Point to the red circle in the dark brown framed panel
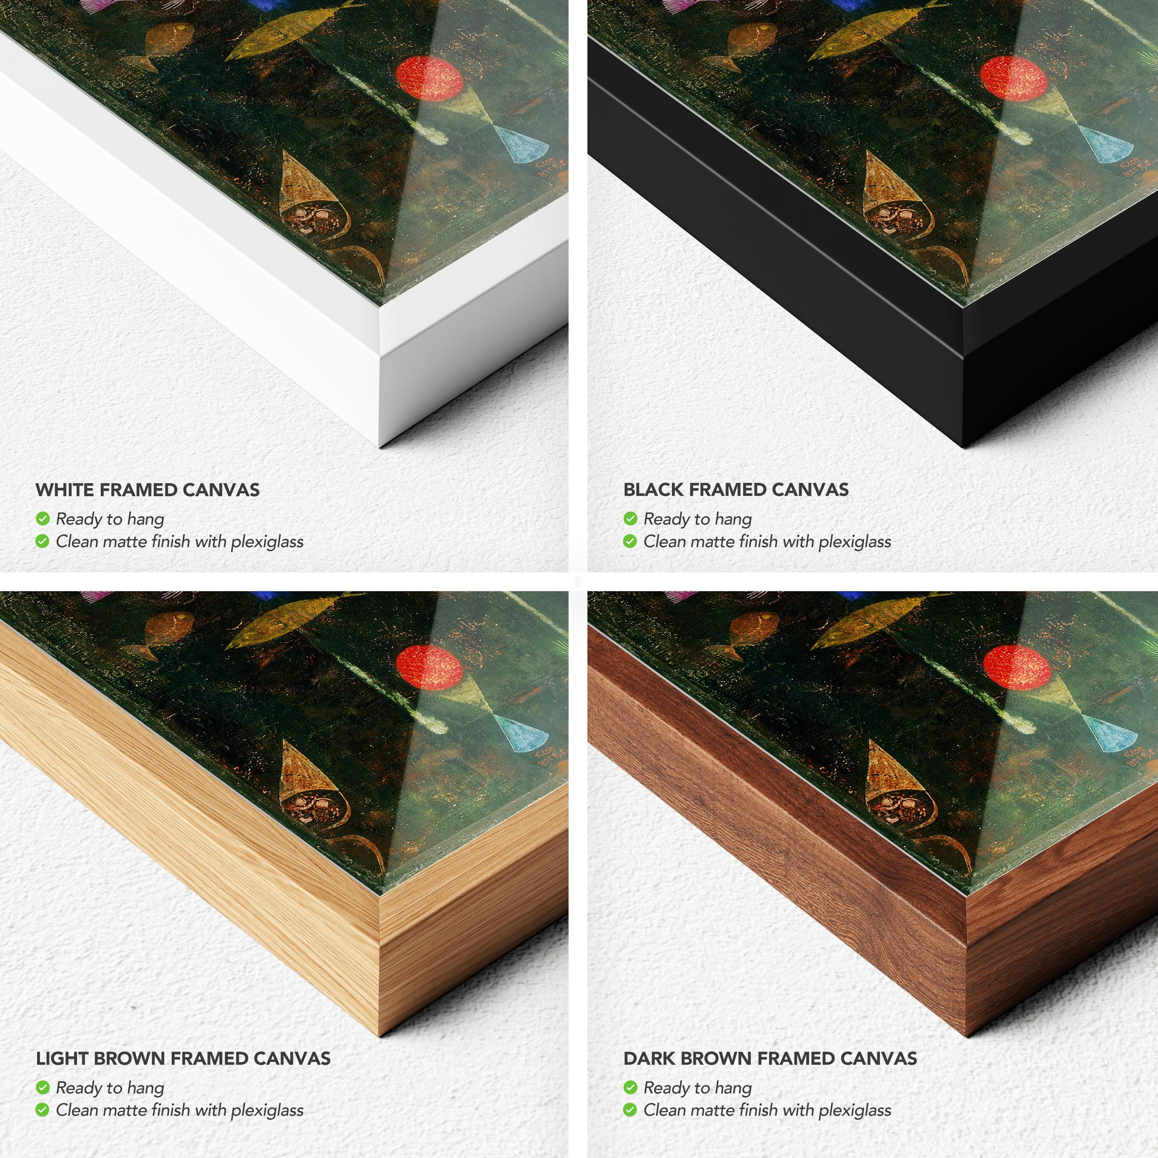click(1017, 667)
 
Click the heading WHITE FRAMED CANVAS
click(147, 490)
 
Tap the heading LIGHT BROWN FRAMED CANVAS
click(183, 1058)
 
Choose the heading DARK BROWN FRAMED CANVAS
click(770, 1058)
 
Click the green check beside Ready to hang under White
click(42, 518)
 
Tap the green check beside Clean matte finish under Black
click(630, 541)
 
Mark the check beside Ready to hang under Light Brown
click(42, 1087)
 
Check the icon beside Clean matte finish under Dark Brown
click(630, 1110)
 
